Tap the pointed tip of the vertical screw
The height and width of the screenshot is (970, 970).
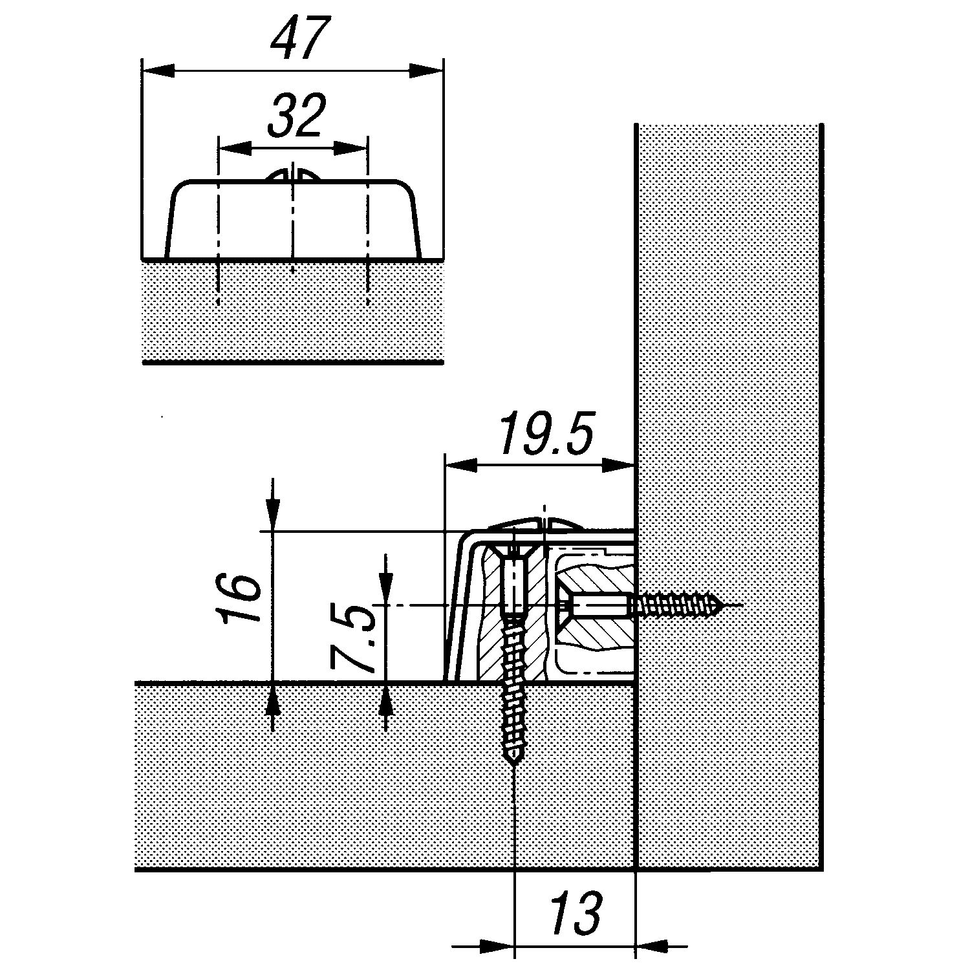(514, 765)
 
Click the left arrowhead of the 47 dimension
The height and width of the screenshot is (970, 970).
(158, 69)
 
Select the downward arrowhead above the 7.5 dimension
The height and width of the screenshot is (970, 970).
(385, 589)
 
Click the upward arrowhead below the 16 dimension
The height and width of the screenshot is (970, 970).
(273, 700)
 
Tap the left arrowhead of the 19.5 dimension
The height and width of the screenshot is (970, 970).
(462, 465)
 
